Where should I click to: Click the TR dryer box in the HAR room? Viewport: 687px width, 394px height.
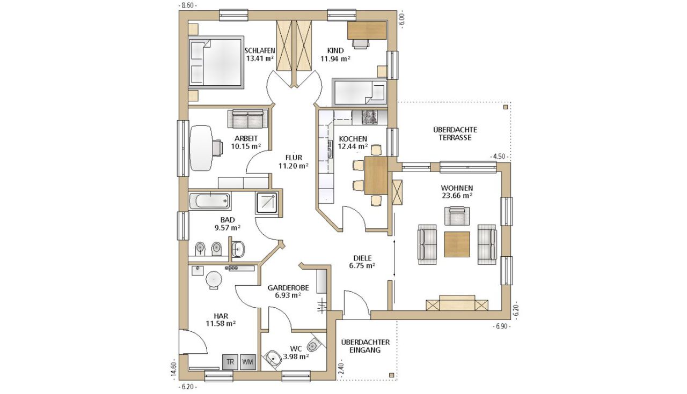click(x=230, y=362)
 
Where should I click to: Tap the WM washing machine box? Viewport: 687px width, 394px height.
click(x=248, y=362)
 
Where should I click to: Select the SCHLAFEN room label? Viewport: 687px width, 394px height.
click(x=260, y=50)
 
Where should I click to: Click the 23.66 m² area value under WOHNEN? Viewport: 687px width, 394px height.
click(x=457, y=196)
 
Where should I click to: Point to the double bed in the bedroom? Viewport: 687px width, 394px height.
click(x=216, y=63)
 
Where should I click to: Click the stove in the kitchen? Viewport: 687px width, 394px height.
click(x=370, y=117)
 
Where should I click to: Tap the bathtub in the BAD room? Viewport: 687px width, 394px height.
click(x=210, y=201)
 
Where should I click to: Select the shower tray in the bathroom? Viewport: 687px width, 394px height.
click(x=267, y=203)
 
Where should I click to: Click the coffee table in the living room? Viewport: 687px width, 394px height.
click(x=457, y=244)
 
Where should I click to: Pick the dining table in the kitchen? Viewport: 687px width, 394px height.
click(x=376, y=175)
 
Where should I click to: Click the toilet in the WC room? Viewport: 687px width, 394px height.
click(x=313, y=345)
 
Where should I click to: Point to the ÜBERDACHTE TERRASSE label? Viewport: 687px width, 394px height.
click(x=455, y=133)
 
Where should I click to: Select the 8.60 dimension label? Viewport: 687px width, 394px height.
click(x=188, y=5)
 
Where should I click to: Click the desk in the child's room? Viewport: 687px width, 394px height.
click(x=367, y=30)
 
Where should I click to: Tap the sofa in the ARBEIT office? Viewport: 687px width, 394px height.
click(x=248, y=118)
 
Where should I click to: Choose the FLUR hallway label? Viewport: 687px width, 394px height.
click(x=294, y=158)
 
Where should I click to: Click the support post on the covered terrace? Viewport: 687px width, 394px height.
click(x=506, y=107)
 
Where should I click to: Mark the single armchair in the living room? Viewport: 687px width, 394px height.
click(x=457, y=216)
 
